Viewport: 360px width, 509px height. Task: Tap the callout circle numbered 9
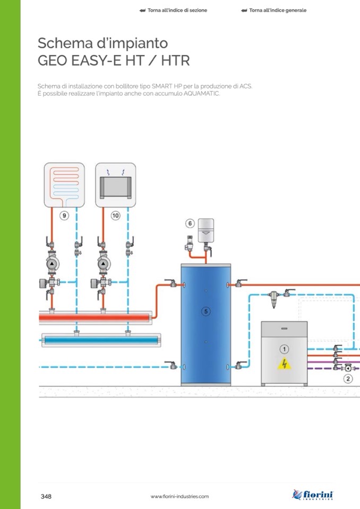[x=64, y=216]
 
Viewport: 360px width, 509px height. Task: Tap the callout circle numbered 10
[x=115, y=216]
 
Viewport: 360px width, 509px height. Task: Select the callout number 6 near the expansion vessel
[x=190, y=223]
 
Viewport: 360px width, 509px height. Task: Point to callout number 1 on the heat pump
[x=284, y=349]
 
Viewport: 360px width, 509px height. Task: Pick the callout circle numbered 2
[x=348, y=378]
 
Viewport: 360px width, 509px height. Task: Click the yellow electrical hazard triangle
[x=284, y=365]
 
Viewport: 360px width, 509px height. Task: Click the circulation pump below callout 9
[x=52, y=264]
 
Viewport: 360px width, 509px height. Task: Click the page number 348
[x=46, y=496]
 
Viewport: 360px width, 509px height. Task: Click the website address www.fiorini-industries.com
[x=179, y=496]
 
